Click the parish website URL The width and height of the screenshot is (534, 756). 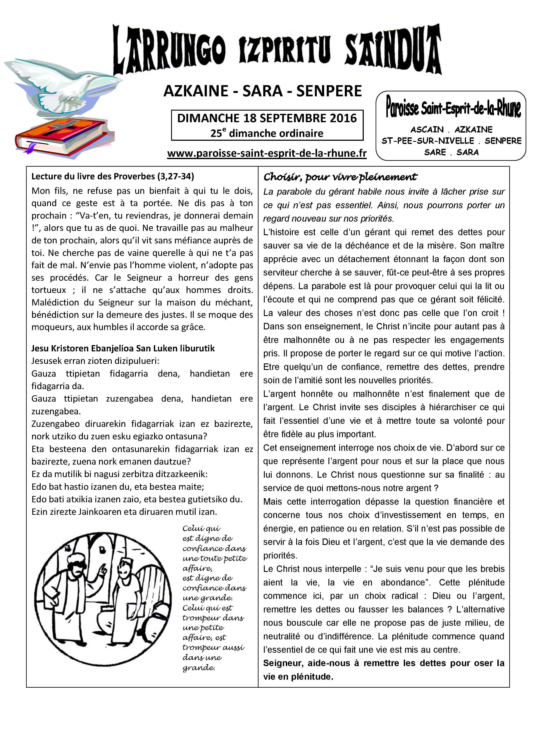tap(267, 153)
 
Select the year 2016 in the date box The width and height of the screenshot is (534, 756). tap(343, 118)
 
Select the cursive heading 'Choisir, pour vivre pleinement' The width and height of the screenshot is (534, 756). tap(340, 177)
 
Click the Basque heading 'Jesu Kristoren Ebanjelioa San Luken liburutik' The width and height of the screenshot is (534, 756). tap(123, 348)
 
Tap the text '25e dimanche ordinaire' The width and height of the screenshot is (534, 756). tap(267, 133)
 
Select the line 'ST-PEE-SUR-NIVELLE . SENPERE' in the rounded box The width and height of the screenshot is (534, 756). tap(451, 141)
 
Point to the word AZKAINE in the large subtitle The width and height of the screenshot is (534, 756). tap(196, 91)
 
